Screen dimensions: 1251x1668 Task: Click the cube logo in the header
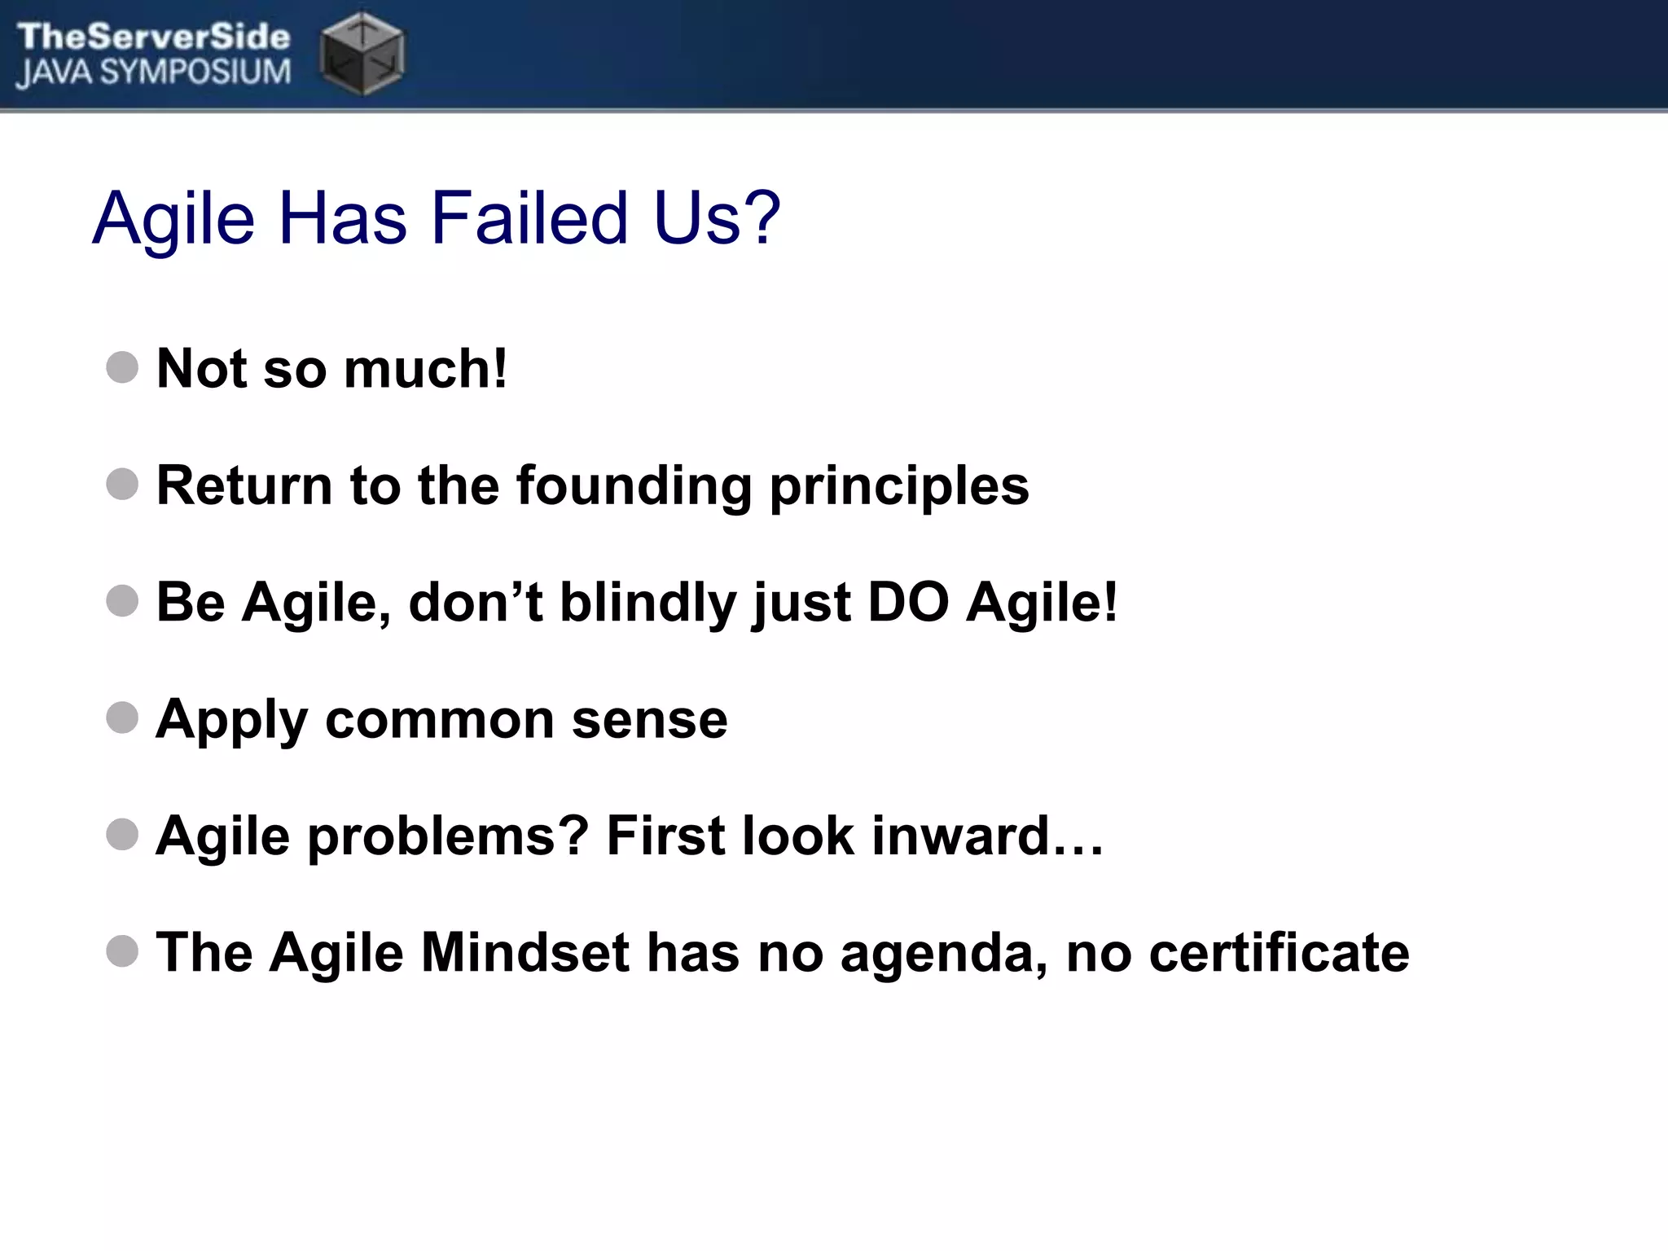coord(362,54)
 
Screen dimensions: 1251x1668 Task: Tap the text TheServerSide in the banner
coord(153,36)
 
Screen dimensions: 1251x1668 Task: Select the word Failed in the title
coord(529,218)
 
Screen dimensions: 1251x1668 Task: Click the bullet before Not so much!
coord(122,367)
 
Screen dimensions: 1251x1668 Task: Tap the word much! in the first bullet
coord(426,368)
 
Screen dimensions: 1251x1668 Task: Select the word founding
coord(634,485)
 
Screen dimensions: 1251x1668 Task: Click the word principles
coord(899,487)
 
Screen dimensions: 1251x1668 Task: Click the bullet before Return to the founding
coord(122,484)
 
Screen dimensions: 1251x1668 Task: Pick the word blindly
coord(647,603)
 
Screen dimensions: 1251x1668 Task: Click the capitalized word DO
coord(908,603)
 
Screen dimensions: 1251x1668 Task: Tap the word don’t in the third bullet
coord(476,603)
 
